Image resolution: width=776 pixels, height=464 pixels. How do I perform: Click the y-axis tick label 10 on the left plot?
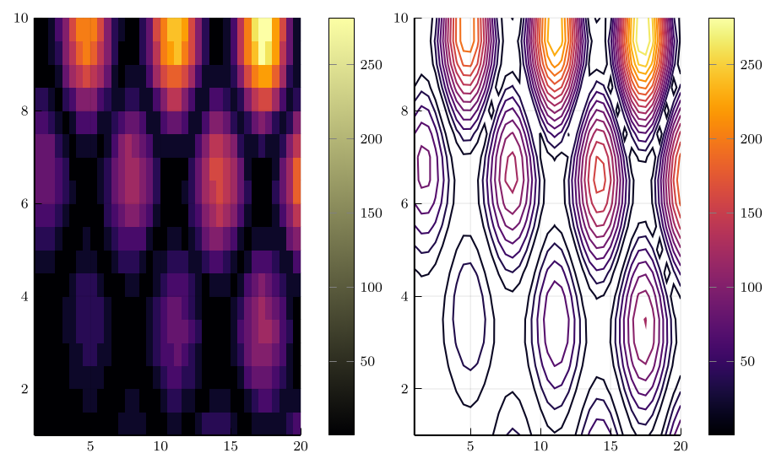pos(19,18)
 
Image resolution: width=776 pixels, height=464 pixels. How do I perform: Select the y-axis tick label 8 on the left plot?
pos(23,111)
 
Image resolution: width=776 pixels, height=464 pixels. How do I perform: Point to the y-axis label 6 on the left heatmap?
pos(23,203)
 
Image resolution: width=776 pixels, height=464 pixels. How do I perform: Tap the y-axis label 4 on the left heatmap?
pos(23,296)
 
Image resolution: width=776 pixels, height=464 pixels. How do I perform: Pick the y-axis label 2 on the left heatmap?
pos(23,389)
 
